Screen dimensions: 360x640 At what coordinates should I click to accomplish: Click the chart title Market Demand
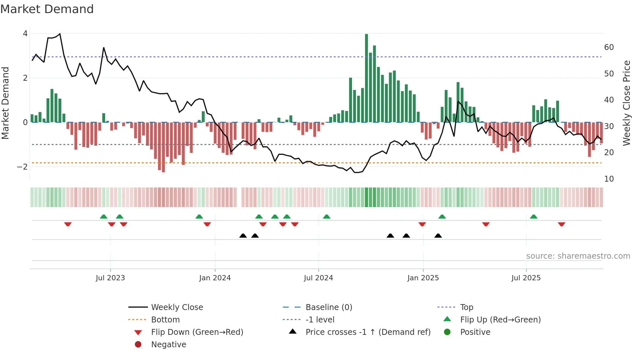pyautogui.click(x=47, y=9)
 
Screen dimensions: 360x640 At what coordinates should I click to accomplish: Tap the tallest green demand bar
pyautogui.click(x=366, y=78)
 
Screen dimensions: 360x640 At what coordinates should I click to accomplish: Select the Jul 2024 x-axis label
pyautogui.click(x=318, y=278)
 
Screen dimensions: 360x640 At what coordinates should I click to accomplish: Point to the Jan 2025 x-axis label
pyautogui.click(x=423, y=278)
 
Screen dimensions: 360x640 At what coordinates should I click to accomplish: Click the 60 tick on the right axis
pyautogui.click(x=609, y=47)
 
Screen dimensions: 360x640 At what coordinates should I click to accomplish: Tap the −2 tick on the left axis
pyautogui.click(x=23, y=167)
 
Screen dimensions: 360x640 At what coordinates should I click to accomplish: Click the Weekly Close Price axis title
pyautogui.click(x=626, y=103)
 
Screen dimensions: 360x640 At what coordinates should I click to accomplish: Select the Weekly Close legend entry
pyautogui.click(x=177, y=307)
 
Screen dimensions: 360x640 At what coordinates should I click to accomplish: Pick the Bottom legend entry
pyautogui.click(x=165, y=320)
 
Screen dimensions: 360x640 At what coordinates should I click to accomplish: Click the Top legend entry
pyautogui.click(x=467, y=307)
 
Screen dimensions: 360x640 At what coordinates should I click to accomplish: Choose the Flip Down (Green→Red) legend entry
pyautogui.click(x=197, y=332)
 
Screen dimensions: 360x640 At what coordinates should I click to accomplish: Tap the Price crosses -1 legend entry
pyautogui.click(x=368, y=332)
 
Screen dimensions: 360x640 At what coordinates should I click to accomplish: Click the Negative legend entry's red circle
pyautogui.click(x=138, y=345)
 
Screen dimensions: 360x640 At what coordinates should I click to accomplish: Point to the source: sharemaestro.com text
pyautogui.click(x=578, y=256)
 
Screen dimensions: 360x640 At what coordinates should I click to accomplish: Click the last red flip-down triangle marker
pyautogui.click(x=561, y=224)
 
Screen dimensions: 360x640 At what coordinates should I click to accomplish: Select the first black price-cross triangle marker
pyautogui.click(x=243, y=236)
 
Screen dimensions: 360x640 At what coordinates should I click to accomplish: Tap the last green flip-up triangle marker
pyautogui.click(x=534, y=217)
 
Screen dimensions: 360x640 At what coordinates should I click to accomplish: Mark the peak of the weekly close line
pyautogui.click(x=60, y=34)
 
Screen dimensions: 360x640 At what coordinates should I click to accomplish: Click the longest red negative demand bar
pyautogui.click(x=163, y=147)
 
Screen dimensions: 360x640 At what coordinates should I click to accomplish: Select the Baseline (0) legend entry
pyautogui.click(x=328, y=307)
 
